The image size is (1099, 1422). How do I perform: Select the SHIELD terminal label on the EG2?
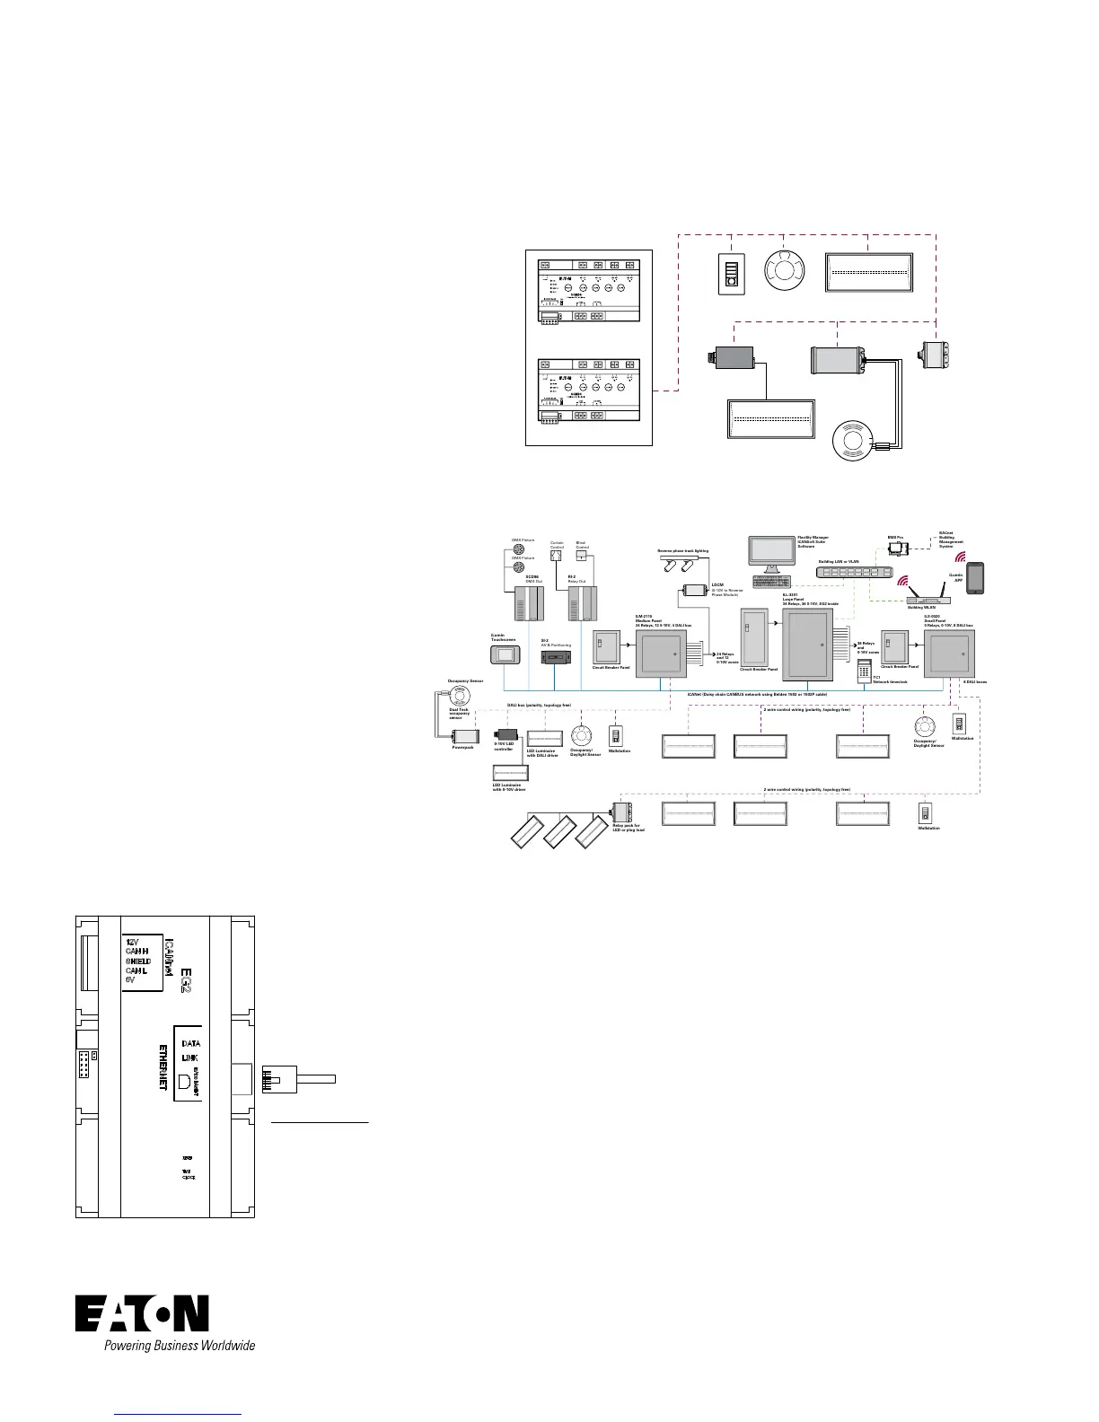(137, 961)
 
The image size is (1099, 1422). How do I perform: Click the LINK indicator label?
(189, 1058)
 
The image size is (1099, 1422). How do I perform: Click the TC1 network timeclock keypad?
(865, 670)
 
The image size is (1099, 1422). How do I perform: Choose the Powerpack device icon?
(463, 734)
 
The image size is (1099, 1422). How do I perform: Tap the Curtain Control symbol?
(556, 555)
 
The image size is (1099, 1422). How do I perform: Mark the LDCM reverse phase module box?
(695, 590)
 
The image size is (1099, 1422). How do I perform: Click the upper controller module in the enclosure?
(588, 292)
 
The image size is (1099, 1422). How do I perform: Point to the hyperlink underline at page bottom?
(179, 1416)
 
